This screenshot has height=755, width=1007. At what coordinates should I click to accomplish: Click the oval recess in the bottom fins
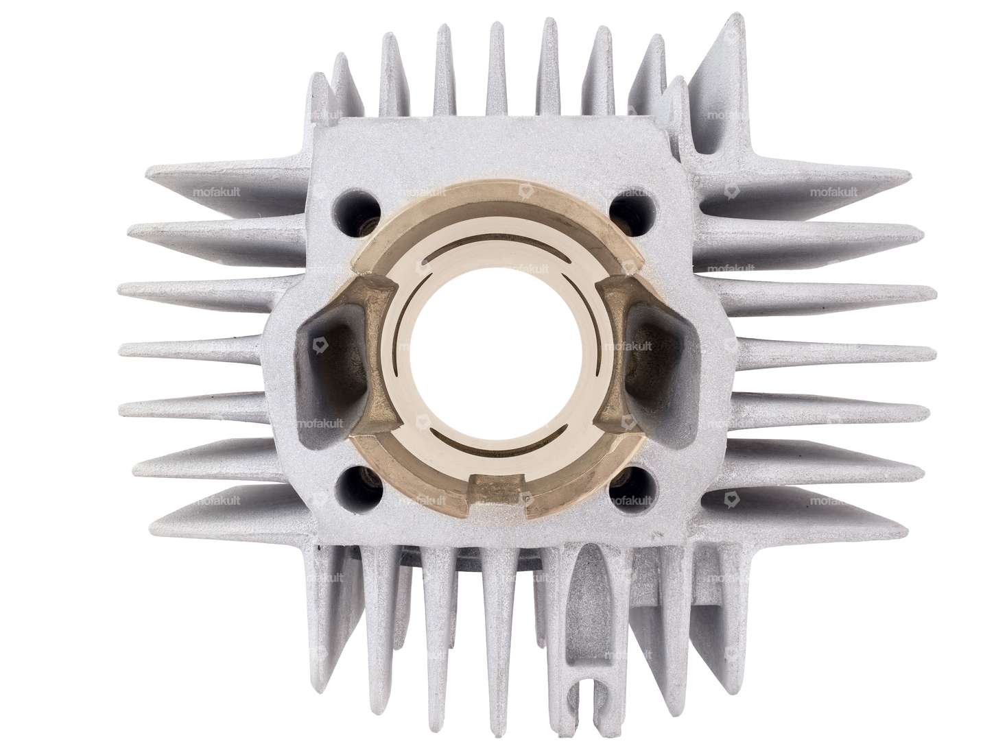[x=589, y=583]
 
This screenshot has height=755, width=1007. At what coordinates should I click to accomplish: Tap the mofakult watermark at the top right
[x=833, y=193]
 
